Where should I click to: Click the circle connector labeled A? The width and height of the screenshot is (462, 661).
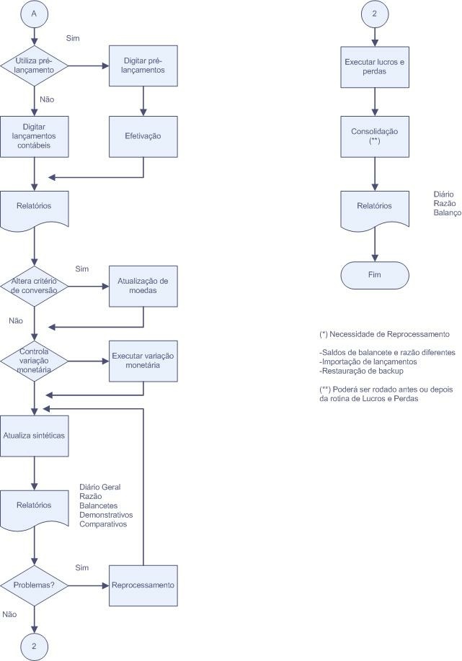35,13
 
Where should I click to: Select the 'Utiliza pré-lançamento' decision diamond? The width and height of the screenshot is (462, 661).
35,66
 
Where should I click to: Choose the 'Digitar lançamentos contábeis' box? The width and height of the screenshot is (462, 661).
35,135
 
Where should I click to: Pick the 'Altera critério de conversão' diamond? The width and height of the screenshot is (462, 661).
35,285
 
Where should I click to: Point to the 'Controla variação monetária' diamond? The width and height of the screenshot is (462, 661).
35,360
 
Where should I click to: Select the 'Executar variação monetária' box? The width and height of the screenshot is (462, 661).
143,360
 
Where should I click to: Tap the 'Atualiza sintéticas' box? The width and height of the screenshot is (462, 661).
35,435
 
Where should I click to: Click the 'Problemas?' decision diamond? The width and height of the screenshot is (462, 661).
35,584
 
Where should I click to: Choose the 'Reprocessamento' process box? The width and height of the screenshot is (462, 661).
143,584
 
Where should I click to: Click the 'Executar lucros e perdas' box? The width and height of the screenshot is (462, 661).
373,67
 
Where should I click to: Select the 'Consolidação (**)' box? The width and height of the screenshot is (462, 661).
373,137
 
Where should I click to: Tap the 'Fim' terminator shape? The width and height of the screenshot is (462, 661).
373,274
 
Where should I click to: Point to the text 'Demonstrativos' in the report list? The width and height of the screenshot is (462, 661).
106,515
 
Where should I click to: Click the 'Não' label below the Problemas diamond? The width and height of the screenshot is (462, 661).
9,614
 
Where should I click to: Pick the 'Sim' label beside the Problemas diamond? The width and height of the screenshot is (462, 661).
81,567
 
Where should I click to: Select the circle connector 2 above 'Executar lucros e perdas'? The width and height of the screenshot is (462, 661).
373,13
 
